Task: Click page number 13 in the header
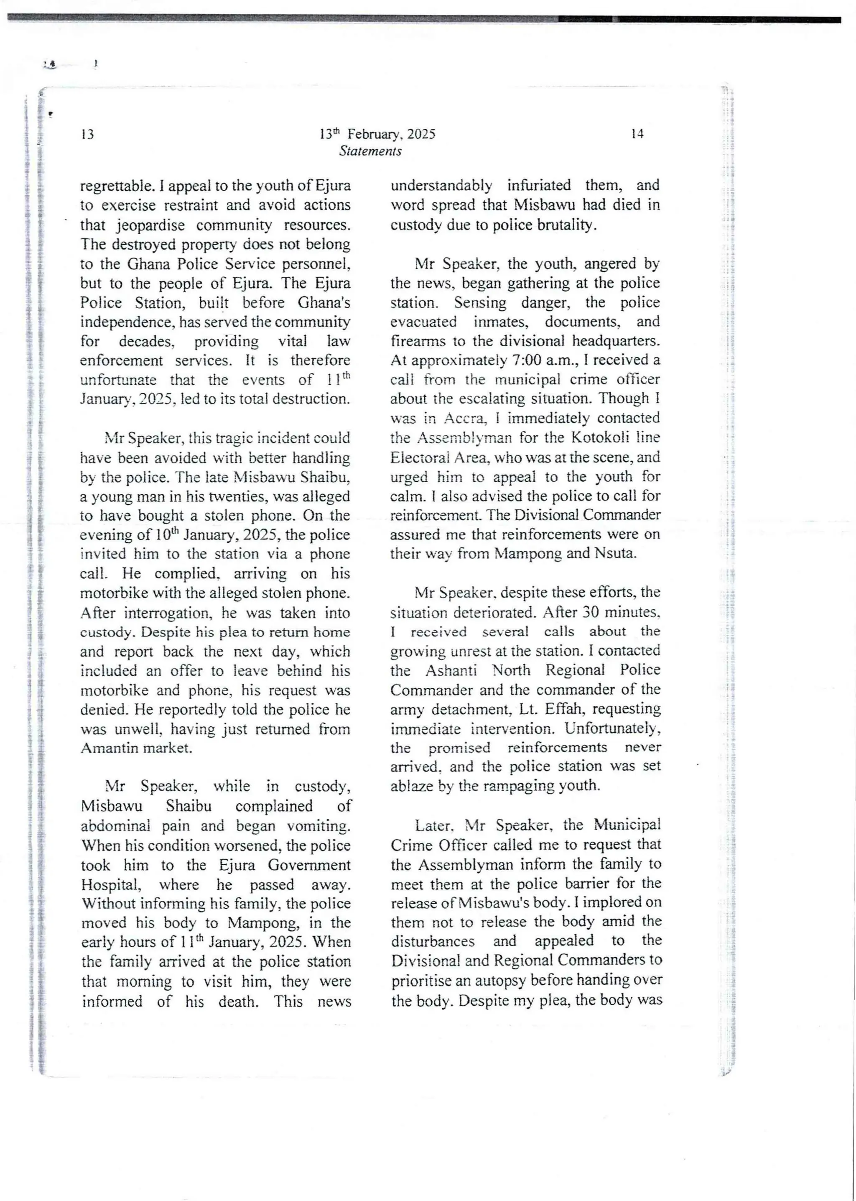(87, 134)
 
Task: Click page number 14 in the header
(637, 134)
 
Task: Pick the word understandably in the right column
(441, 186)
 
